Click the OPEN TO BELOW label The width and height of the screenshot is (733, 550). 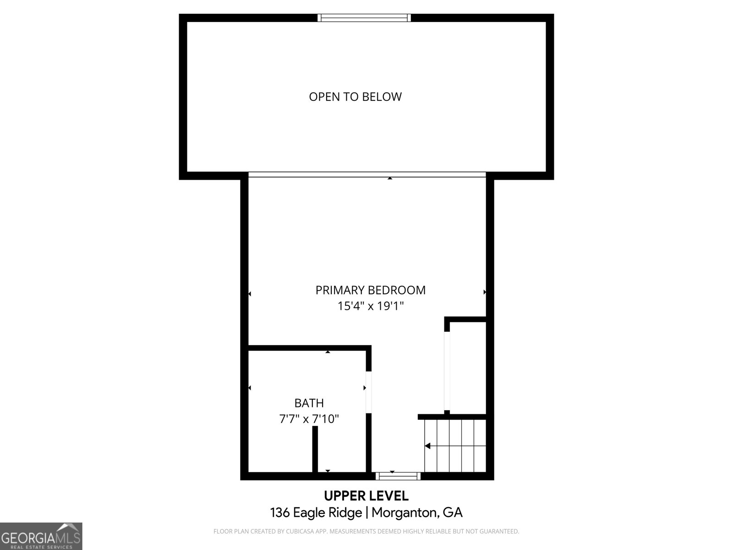click(x=355, y=97)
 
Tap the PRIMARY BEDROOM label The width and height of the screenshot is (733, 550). click(x=370, y=290)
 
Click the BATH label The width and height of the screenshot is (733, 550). click(x=309, y=403)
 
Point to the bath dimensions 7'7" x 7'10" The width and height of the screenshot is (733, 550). click(x=309, y=419)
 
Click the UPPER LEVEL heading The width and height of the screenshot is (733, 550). click(x=366, y=496)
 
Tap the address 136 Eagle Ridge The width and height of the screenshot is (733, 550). click(x=316, y=512)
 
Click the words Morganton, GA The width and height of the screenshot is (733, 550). click(x=417, y=512)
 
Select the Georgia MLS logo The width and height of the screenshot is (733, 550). click(x=41, y=536)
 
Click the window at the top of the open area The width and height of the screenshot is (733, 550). click(x=364, y=18)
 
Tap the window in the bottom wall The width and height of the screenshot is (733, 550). click(x=398, y=476)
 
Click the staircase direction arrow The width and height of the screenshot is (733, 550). click(x=428, y=445)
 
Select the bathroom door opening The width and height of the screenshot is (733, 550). click(x=368, y=392)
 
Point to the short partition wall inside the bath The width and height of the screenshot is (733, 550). click(x=315, y=449)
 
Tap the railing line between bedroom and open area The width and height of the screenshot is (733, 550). click(x=366, y=175)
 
